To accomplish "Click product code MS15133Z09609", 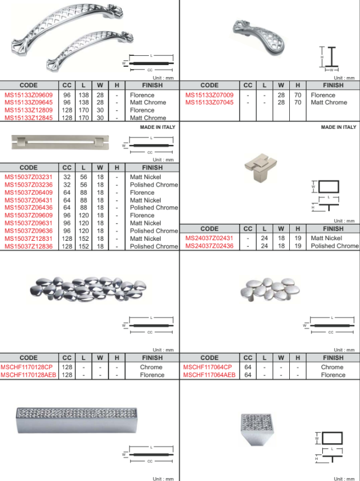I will pos(29,95).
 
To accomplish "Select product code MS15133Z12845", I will pos(29,118).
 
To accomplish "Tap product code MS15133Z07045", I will pos(209,103).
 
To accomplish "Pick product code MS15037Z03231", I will pos(29,177).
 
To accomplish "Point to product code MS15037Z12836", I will pos(29,246).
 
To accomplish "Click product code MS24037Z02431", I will pos(209,238).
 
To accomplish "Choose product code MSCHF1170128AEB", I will pos(29,375).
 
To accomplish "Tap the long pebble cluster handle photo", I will pos(87,290).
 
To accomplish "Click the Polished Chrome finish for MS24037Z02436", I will pos(334,246).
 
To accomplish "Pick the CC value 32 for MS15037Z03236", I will pos(67,185).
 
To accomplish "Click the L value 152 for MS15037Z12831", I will pos(83,239).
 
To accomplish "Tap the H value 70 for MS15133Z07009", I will pos(297,95).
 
